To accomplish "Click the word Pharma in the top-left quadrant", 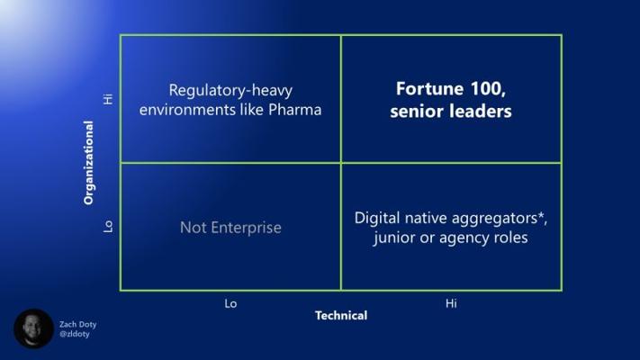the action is (294, 110).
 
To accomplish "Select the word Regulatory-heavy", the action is (230, 91).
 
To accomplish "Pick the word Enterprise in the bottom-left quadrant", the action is (246, 228).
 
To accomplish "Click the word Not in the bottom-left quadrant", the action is (193, 228).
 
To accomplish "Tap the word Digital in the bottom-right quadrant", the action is (377, 218).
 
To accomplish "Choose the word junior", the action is (393, 238).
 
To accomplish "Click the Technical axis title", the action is (341, 316).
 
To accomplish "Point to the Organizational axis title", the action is (88, 162).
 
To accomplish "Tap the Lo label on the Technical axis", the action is (230, 303).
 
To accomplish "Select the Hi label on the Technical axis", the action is (451, 303).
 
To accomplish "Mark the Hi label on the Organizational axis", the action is (108, 99).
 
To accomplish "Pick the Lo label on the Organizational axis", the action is (108, 227).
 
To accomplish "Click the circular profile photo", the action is (34, 328).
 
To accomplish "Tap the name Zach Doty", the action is (78, 325).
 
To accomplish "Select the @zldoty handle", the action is (75, 334).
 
